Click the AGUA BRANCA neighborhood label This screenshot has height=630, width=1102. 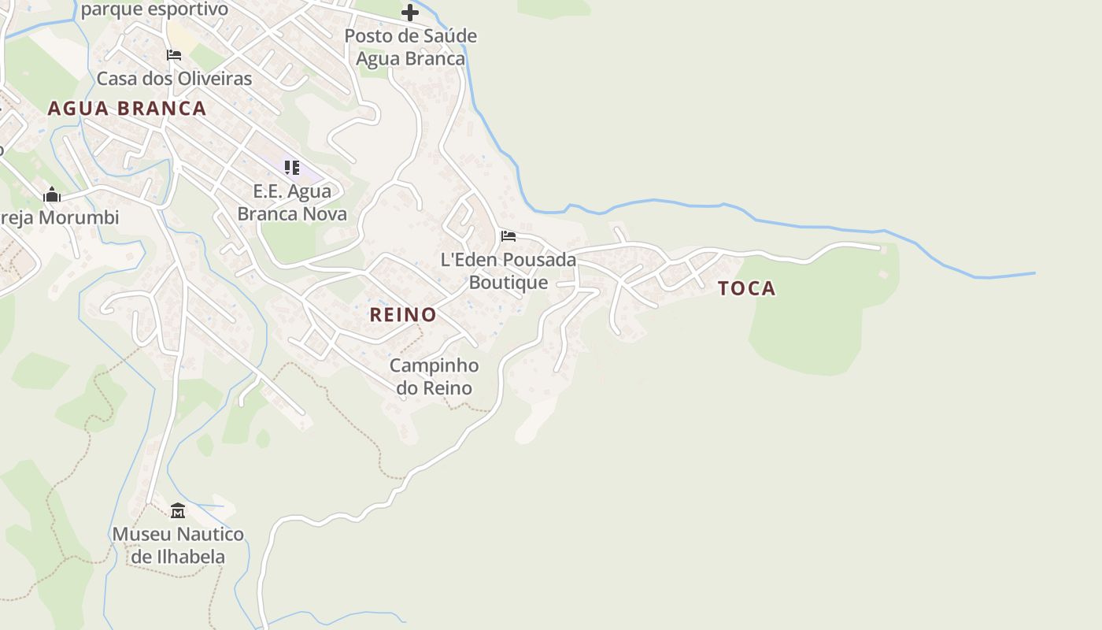[127, 109]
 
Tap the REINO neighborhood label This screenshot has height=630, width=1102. [403, 315]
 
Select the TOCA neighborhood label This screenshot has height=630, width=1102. [746, 288]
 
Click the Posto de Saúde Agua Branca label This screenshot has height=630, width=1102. [410, 47]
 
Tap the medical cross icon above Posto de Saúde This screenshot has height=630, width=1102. [410, 12]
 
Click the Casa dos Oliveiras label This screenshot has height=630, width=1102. [174, 79]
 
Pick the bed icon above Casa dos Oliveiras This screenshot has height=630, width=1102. [174, 55]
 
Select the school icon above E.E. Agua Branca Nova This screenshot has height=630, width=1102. [292, 167]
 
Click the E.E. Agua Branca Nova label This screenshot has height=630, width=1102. [292, 202]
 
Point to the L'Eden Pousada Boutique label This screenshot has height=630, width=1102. [508, 270]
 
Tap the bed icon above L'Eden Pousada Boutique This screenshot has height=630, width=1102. [508, 235]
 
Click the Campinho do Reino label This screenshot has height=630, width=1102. [434, 376]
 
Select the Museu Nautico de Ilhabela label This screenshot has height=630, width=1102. [178, 545]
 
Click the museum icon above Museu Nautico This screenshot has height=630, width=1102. [178, 511]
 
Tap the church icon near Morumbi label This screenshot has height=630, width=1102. [52, 195]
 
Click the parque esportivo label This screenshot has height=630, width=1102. [154, 9]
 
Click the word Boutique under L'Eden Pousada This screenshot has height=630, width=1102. [508, 282]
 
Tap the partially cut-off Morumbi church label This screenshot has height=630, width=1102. [60, 218]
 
